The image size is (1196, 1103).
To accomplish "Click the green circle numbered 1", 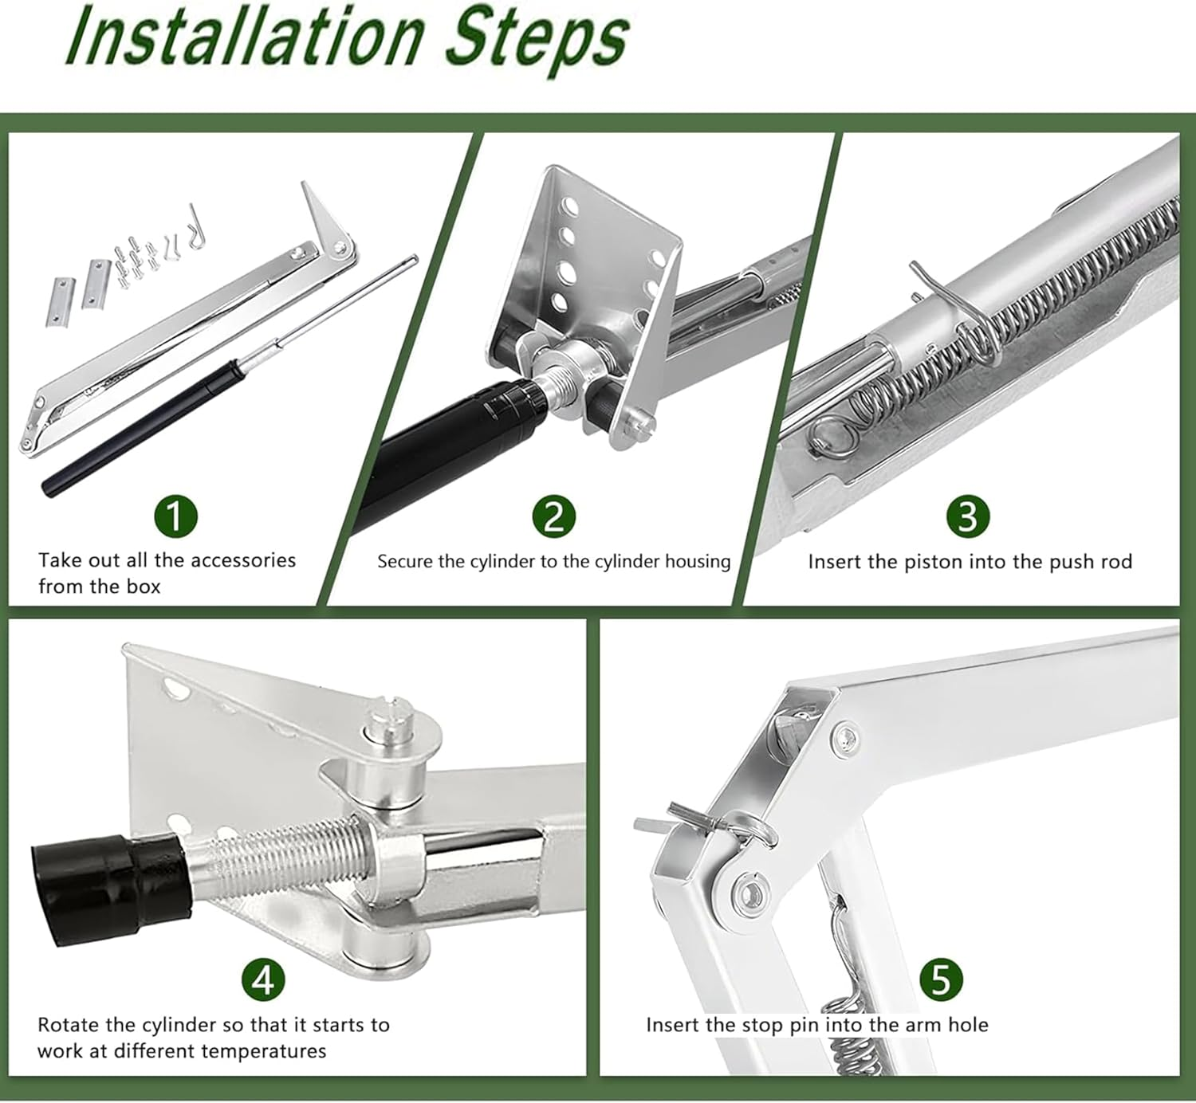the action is click(x=176, y=516).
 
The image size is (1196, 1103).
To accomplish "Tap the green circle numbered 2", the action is click(x=554, y=516).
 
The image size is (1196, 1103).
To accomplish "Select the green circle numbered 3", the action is click(x=968, y=516).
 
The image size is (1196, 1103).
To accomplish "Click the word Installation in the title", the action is click(x=245, y=37).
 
